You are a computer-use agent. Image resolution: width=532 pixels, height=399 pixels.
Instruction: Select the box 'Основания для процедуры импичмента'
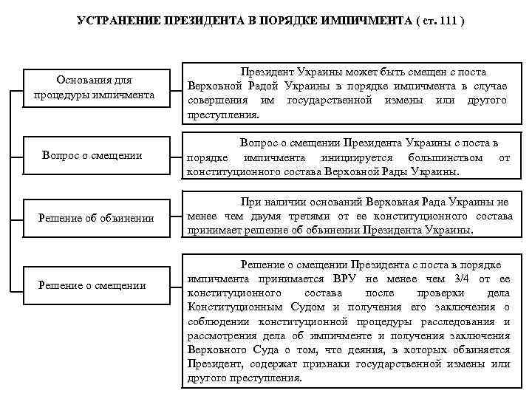[x=94, y=88]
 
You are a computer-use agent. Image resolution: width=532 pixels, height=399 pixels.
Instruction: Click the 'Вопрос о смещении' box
[x=92, y=154]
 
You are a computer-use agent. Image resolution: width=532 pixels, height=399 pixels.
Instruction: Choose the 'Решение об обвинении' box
[x=97, y=217]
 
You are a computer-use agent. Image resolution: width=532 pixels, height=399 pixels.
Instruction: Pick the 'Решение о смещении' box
[x=92, y=285]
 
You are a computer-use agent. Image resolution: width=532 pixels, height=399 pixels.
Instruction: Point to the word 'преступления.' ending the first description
[x=223, y=115]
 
